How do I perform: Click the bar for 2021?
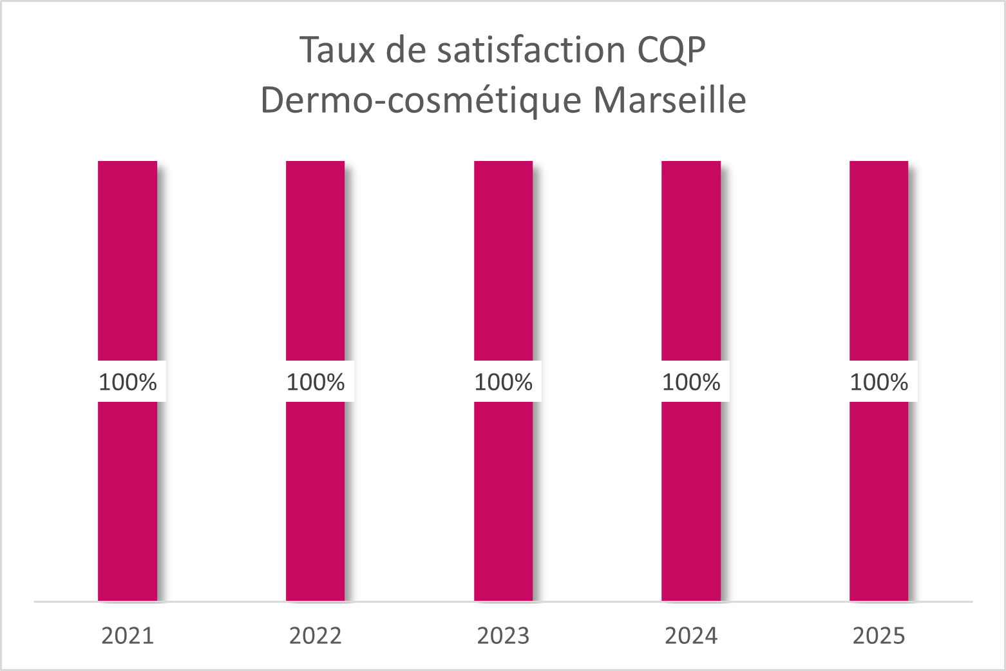click(x=128, y=258)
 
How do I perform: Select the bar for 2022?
click(x=315, y=258)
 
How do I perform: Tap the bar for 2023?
click(x=503, y=258)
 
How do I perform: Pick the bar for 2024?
click(x=691, y=258)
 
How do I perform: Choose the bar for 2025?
click(x=878, y=258)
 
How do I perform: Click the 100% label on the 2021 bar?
click(x=128, y=382)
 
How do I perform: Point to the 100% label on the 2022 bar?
click(x=316, y=382)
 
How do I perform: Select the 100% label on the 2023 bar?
click(x=503, y=382)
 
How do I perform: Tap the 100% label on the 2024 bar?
click(x=691, y=382)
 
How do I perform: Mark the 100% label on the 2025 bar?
click(x=878, y=382)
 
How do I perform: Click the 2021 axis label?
click(x=128, y=636)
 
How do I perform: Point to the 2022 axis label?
click(x=315, y=636)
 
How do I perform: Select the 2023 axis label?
click(x=503, y=636)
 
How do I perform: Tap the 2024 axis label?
click(x=691, y=636)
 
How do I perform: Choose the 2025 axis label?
click(x=878, y=636)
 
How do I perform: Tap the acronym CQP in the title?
click(x=672, y=50)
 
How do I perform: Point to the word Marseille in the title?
click(x=669, y=100)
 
